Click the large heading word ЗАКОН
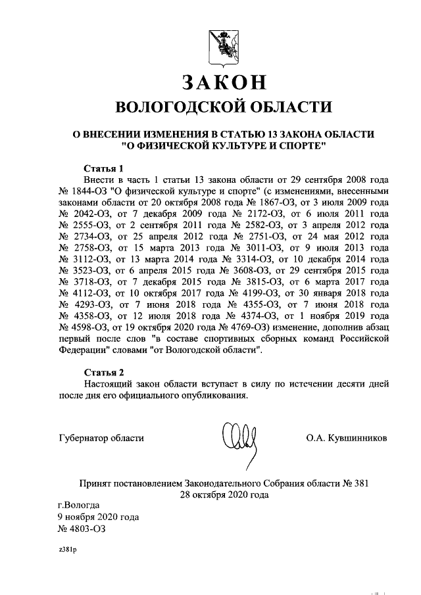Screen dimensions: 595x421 click(224, 82)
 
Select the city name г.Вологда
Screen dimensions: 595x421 click(79, 506)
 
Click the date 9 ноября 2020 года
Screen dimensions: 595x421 click(99, 517)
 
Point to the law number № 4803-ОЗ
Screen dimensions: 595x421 click(82, 529)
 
